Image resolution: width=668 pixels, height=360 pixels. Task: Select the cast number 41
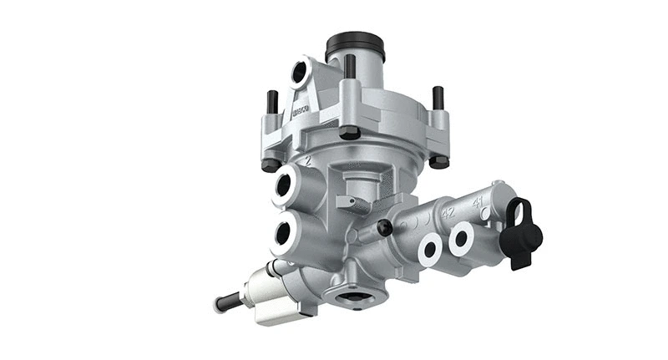[478, 202]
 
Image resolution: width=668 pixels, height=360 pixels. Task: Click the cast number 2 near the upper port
[309, 161]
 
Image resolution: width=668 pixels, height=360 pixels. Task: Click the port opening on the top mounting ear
[300, 74]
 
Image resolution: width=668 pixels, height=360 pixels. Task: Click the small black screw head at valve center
[383, 226]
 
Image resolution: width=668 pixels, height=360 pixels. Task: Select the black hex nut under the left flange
[271, 164]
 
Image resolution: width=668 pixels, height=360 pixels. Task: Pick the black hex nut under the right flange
[439, 161]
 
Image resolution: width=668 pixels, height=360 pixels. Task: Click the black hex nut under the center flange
[351, 132]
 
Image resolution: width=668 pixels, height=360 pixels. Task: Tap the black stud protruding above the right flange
[437, 98]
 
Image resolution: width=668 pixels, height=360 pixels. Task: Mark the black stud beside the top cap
[349, 67]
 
